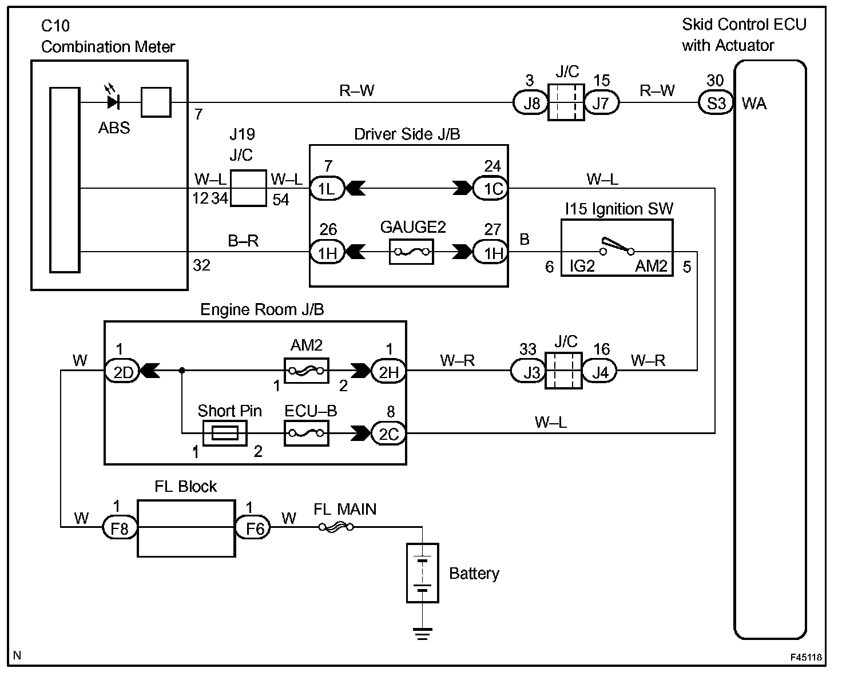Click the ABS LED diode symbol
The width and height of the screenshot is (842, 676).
tap(113, 102)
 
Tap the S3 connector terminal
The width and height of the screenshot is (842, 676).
tap(716, 103)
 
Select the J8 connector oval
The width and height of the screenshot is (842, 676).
tap(531, 104)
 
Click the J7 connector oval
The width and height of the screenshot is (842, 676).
tap(601, 104)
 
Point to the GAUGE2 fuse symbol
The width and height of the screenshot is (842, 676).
tap(411, 252)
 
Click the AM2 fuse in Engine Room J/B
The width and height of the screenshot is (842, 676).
tap(306, 371)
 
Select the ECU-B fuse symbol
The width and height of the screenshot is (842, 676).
tap(306, 433)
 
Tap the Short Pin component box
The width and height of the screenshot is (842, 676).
tap(225, 433)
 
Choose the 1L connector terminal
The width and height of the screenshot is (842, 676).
tap(327, 188)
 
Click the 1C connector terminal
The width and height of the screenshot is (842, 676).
tap(491, 188)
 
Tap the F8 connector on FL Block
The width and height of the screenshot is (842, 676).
tap(120, 527)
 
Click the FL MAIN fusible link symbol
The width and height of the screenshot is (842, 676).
tap(336, 527)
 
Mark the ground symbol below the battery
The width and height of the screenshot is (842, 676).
tap(422, 633)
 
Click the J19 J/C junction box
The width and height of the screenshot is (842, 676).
tap(248, 188)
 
